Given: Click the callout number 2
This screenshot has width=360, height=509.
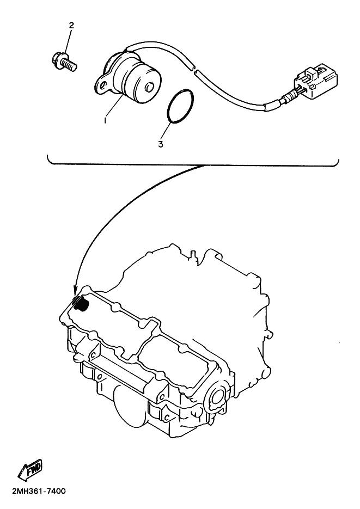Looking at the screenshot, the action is (71, 26).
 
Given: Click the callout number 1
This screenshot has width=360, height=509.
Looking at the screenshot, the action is (105, 120).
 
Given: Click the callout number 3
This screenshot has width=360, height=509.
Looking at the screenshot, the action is (161, 144).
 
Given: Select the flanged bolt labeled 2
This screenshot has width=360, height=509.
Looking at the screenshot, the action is (64, 63).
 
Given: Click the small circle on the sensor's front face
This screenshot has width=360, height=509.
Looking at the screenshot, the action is (149, 88).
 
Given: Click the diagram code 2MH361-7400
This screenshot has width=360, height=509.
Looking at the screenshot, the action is (39, 491).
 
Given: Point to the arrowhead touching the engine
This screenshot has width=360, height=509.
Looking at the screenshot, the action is (75, 290).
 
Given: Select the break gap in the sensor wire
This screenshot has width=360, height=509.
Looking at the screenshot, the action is (194, 69).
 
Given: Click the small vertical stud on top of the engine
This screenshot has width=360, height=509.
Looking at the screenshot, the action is (192, 255).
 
